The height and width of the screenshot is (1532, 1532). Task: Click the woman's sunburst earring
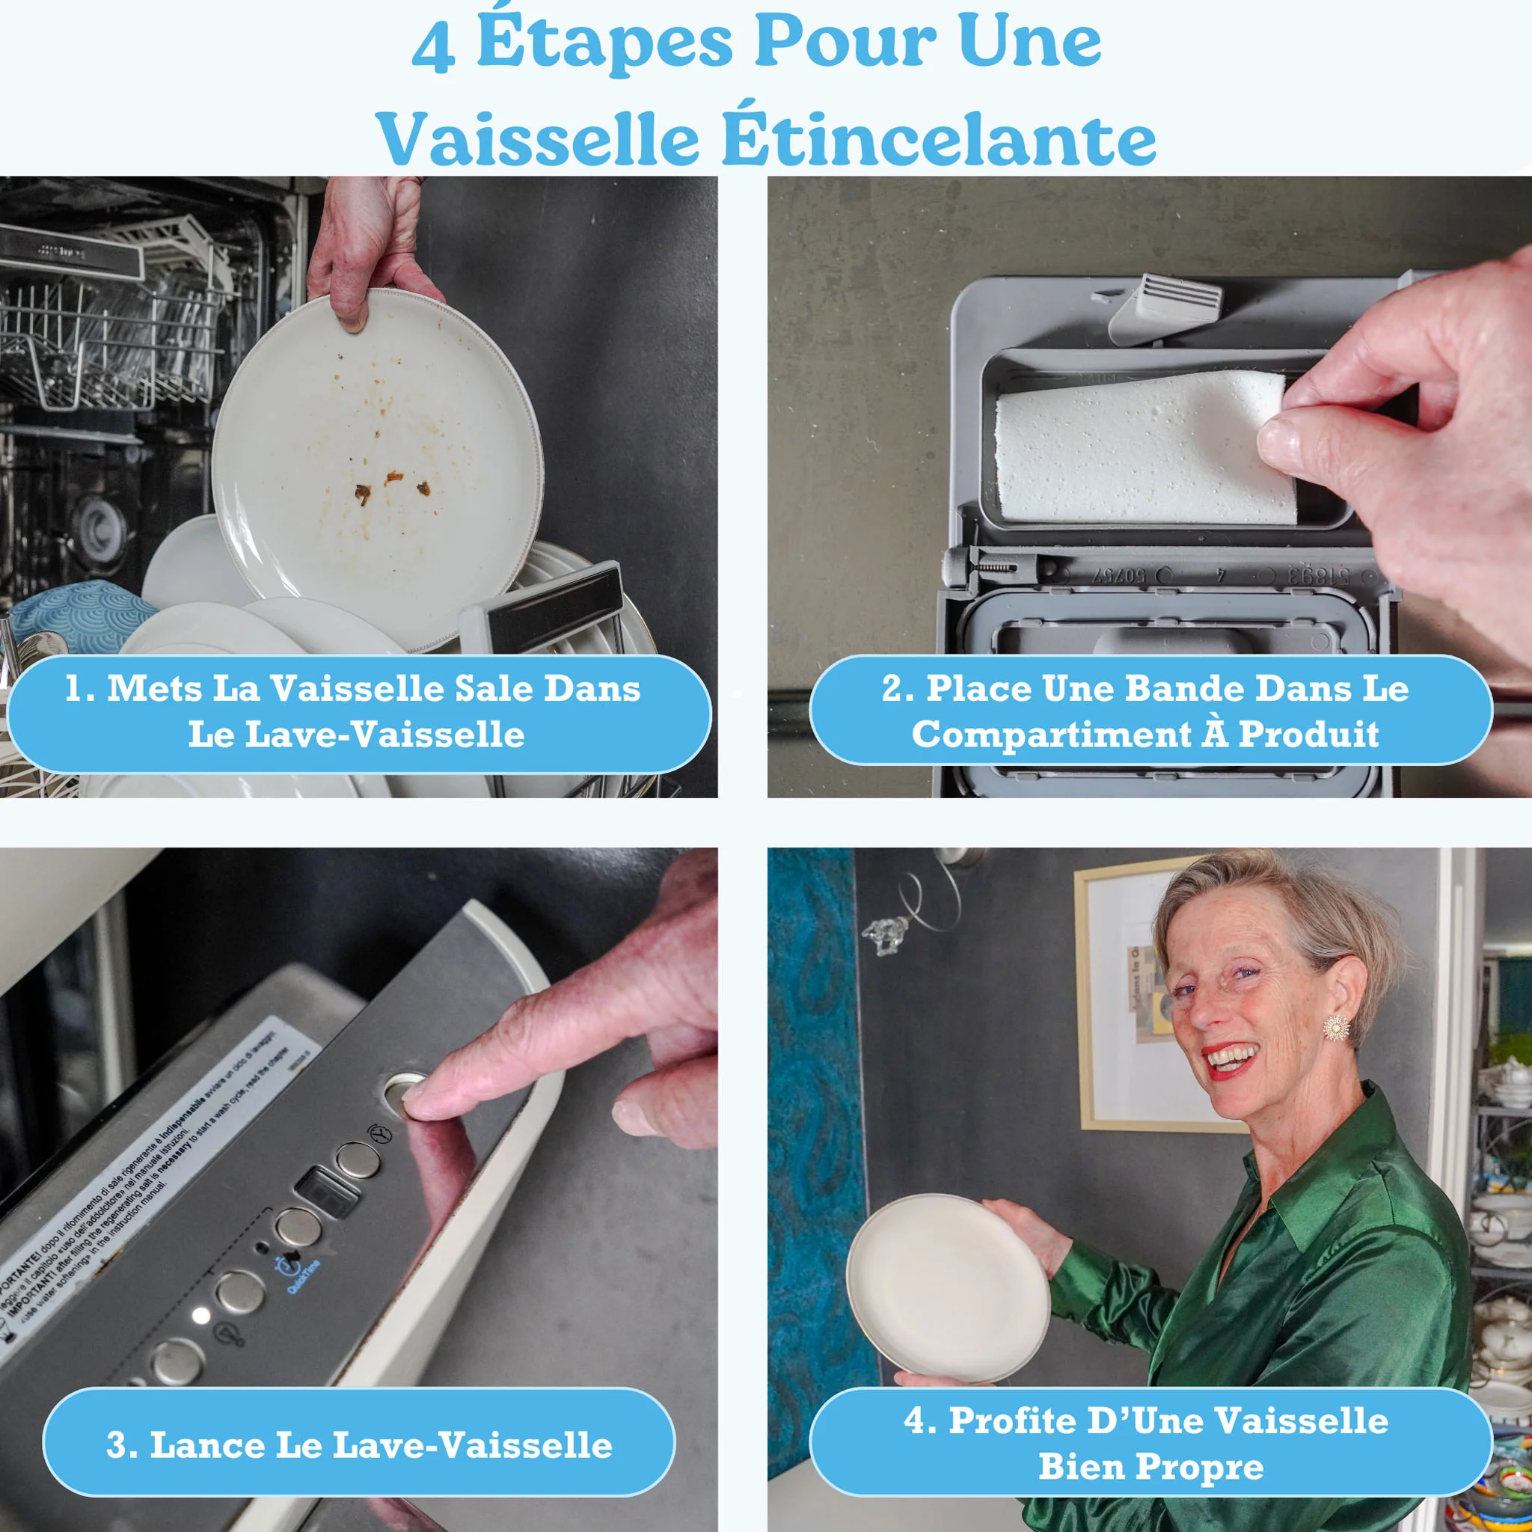click(1336, 1028)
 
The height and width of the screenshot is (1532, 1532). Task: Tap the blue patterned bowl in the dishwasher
click(79, 615)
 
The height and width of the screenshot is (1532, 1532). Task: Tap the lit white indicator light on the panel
click(200, 1316)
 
